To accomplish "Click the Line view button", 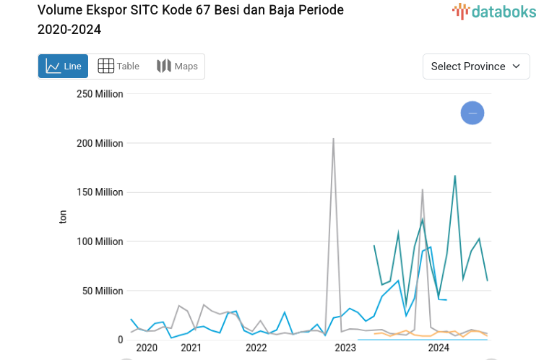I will (63, 67).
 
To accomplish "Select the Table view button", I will (118, 67).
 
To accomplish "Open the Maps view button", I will (177, 67).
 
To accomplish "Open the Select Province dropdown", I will (476, 67).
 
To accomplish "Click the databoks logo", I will (494, 11).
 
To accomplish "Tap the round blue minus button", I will (472, 113).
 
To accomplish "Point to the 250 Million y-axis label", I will (100, 94).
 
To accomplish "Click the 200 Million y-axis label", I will (100, 143).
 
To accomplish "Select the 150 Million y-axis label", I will (100, 192).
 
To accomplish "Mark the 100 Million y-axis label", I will (100, 241).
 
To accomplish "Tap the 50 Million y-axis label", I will (103, 291).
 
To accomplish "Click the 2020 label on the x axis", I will (146, 348).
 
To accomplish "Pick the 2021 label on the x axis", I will (191, 348).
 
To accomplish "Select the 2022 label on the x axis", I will (256, 348).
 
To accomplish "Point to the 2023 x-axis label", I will (345, 348).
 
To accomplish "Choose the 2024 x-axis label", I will (439, 348).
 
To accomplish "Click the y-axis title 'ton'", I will (63, 217).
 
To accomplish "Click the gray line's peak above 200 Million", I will (333, 139).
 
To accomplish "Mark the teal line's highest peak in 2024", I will (454, 176).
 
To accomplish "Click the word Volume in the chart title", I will (60, 11).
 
